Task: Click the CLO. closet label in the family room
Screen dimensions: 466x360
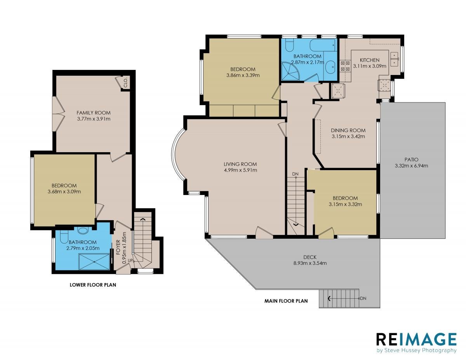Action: tap(126, 82)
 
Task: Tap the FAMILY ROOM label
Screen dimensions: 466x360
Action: tap(94, 113)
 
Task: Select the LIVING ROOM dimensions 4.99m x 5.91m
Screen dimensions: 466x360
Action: tap(240, 170)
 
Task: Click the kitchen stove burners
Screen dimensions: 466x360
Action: tap(344, 66)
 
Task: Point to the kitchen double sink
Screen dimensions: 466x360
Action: tap(394, 59)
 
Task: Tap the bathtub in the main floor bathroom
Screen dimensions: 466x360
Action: tap(322, 45)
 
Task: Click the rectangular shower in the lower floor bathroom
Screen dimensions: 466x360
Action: tap(94, 262)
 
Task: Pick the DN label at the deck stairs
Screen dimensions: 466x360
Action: tap(363, 298)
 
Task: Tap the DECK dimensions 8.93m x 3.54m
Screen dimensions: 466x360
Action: tap(310, 263)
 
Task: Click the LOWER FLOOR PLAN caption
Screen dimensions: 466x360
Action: tap(93, 285)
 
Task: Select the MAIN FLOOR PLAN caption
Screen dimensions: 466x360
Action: tap(286, 301)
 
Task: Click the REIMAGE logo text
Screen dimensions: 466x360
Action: tap(416, 340)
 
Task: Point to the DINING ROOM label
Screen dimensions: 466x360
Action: tap(348, 130)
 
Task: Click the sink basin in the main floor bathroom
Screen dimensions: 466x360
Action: tap(330, 67)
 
